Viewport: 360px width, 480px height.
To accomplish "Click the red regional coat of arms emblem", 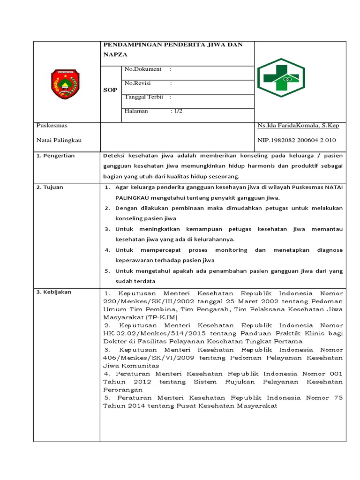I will coord(65,84).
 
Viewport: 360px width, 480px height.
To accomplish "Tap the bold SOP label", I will coord(110,90).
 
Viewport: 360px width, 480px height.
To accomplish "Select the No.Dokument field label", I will coord(143,69).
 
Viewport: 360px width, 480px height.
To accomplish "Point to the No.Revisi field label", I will coord(138,83).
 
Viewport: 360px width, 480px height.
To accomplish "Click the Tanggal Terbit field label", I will coord(144,97).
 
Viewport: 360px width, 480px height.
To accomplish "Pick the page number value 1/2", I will coord(179,111).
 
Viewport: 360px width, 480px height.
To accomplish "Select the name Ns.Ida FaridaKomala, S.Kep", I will coord(298,126).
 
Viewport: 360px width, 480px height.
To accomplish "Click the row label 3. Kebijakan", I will coord(54,292).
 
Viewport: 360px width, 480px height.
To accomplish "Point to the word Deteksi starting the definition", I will coord(114,156).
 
